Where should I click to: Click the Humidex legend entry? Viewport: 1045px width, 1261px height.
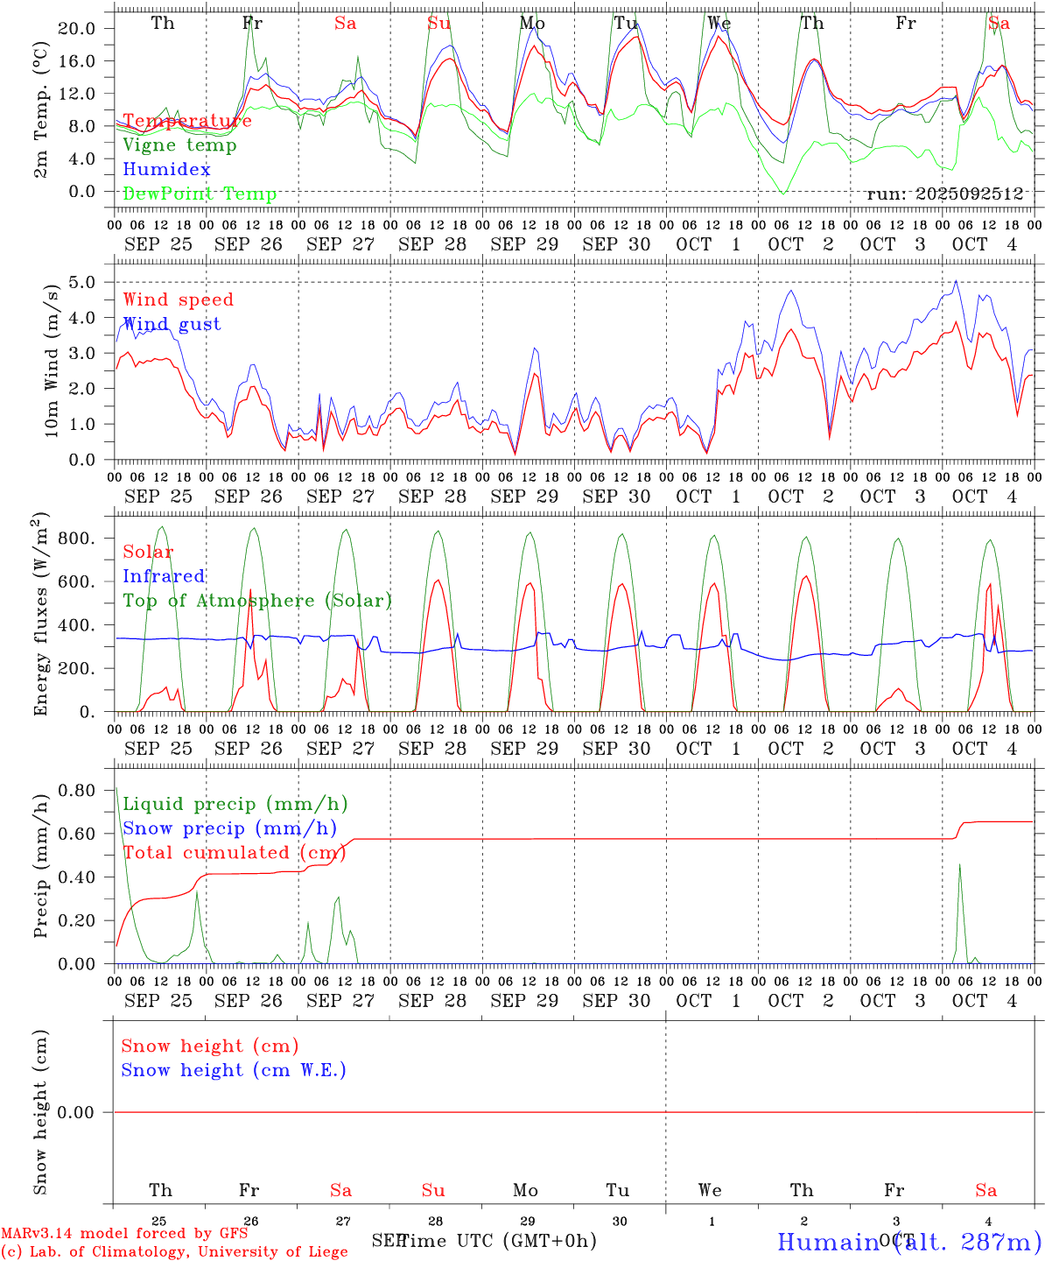coord(166,170)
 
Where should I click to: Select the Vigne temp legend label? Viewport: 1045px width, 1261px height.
coord(179,145)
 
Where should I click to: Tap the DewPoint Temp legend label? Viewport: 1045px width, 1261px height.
coord(200,194)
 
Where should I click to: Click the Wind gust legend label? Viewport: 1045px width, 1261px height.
coord(172,324)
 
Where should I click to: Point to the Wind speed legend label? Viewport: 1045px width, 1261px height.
coord(178,299)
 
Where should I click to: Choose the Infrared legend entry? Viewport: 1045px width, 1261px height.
coord(164,576)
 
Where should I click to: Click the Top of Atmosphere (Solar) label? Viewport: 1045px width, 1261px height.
coord(256,601)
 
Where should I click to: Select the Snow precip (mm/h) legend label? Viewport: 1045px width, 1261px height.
coord(229,828)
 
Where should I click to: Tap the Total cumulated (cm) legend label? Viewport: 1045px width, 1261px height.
coord(235,852)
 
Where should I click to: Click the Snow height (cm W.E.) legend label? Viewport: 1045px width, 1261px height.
coord(233,1070)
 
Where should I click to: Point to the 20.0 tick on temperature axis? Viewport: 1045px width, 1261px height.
coord(77,28)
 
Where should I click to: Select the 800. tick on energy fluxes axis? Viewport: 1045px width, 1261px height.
coord(76,538)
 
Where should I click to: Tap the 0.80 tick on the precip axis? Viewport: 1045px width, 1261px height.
coord(76,790)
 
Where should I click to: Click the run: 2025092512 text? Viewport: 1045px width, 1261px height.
coord(944,194)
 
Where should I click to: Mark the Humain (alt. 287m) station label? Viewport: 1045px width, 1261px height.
coord(908,1242)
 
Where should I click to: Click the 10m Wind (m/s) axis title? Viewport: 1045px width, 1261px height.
coord(51,359)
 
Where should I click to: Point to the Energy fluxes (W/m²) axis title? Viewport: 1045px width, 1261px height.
coord(40,612)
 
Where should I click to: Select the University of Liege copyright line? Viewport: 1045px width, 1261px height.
coord(174,1251)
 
